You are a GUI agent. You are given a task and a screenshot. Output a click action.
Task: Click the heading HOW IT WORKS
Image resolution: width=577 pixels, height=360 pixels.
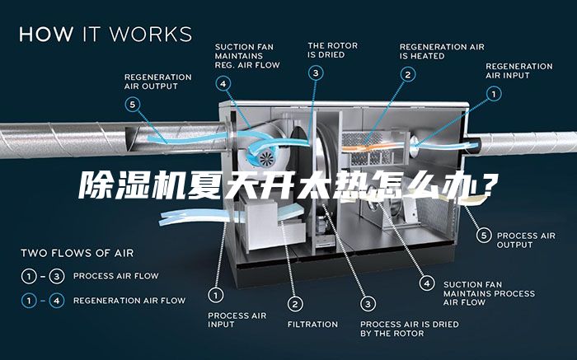coord(106,35)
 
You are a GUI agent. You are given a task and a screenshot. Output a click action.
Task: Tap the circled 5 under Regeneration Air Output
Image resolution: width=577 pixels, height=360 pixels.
coord(134,105)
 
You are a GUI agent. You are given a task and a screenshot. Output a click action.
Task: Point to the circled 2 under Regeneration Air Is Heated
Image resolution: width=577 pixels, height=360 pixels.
coord(407,74)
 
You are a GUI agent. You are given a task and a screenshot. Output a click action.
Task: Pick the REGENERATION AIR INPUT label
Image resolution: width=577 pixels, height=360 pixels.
coord(518,71)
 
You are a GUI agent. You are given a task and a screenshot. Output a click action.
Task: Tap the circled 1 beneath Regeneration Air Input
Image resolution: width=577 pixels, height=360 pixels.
coord(494,95)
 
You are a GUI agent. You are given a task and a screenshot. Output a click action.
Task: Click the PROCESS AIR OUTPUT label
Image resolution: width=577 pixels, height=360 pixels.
coord(526,240)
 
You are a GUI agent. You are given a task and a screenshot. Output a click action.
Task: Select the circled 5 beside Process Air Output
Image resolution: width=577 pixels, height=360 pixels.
coord(485,235)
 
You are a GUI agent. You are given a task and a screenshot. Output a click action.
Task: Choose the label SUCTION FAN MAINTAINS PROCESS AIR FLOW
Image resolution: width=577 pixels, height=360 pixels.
coord(488,293)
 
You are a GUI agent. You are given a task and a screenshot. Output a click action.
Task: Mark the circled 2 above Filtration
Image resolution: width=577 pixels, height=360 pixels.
coord(293,302)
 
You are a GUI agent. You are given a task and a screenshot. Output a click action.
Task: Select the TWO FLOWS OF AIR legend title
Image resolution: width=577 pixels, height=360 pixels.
coord(77,253)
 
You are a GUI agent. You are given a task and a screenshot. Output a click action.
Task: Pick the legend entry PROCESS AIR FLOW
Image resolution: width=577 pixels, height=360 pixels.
coord(116,275)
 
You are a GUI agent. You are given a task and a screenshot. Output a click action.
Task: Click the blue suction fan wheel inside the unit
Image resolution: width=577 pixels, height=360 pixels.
coord(266,157)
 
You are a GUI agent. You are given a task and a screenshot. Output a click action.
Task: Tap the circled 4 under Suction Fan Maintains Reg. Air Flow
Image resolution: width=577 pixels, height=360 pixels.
coord(224,83)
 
